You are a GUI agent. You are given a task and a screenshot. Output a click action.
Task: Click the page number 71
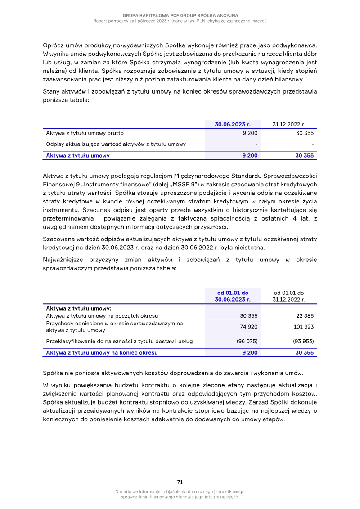coord(180,482)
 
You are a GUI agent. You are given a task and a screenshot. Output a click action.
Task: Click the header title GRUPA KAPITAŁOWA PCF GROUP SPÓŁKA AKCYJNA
coord(180,15)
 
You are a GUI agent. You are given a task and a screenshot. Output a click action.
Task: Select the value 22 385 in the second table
coord(305,316)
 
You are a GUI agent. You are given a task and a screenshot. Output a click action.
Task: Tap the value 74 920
coord(248,327)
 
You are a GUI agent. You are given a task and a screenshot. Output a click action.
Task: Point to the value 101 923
coord(303,327)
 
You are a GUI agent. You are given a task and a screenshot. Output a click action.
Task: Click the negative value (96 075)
coord(247,341)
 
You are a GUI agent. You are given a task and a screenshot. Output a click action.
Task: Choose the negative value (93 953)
coord(303,341)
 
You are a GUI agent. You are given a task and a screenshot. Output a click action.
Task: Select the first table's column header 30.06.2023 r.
coord(232,124)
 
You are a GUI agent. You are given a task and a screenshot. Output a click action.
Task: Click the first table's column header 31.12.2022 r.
coord(289,124)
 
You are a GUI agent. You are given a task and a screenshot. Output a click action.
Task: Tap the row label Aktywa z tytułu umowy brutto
coord(85,133)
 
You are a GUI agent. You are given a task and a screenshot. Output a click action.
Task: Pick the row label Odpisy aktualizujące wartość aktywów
coord(116,144)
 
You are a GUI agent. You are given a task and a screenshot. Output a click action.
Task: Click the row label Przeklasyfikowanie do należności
coord(119,341)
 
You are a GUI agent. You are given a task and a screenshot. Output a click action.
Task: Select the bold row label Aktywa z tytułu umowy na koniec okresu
coord(102,353)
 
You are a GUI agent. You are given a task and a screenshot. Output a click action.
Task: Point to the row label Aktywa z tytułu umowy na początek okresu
coord(102,316)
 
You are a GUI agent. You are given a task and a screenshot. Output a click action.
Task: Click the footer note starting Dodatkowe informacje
coord(180,494)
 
